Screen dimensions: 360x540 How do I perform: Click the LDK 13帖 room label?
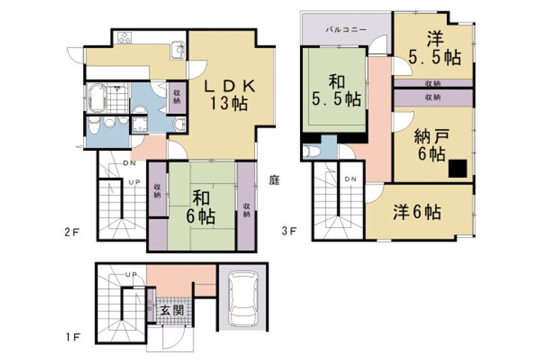click(x=232, y=94)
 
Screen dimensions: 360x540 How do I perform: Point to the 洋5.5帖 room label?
click(x=434, y=47)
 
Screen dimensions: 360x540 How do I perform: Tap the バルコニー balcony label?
click(x=346, y=28)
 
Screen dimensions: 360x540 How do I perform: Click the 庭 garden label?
click(x=274, y=180)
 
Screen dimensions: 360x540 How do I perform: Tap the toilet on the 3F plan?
click(x=310, y=151)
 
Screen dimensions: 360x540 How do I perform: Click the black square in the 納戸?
click(x=457, y=169)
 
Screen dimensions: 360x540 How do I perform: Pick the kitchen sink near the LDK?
click(x=178, y=50)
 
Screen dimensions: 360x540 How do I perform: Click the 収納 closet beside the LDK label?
click(x=177, y=97)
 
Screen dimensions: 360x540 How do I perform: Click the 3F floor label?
click(x=289, y=232)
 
